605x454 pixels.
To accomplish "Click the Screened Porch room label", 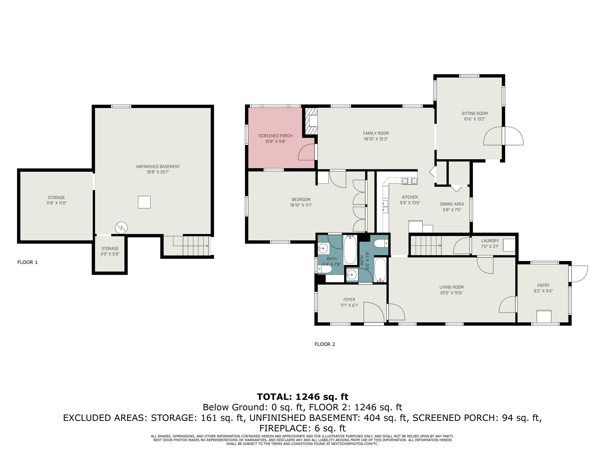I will point(276,136).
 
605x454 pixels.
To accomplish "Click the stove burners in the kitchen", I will point(409,181).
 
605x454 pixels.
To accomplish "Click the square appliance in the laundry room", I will point(509,245).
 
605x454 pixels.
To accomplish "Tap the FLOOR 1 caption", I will point(27,262).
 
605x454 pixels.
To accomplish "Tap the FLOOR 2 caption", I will point(325,344).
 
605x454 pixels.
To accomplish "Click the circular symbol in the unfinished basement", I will point(121,228).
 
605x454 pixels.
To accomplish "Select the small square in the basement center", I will point(144,202).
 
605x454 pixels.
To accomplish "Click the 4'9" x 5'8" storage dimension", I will point(110,254).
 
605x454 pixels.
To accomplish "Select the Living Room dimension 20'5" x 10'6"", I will point(451,293).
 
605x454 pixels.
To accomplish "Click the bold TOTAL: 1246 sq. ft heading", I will point(302,396).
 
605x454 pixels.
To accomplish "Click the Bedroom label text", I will point(301,199).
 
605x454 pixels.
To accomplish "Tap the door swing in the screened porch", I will point(306,153).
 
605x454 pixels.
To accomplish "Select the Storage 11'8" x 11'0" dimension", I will point(56,203).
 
